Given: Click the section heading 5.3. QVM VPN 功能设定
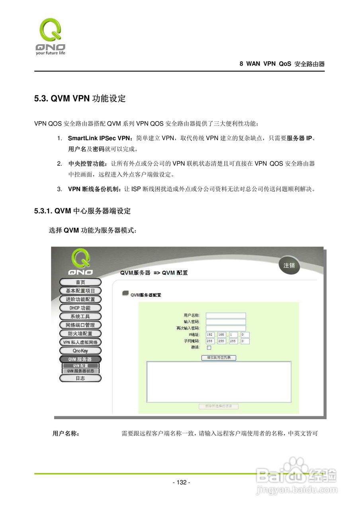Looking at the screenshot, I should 80,99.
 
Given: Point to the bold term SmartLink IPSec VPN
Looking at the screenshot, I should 99,139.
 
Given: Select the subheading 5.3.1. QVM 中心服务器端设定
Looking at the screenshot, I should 82,211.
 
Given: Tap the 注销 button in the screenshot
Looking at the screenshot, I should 289,265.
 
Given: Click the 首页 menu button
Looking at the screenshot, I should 80,282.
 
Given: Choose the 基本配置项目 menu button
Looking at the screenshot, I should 80,291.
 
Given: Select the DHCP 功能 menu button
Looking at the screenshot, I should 80,308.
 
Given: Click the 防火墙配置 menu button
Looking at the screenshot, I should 80,333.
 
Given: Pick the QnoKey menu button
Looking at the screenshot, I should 80,351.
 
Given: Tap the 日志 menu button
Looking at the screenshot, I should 80,378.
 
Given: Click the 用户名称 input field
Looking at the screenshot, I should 226,316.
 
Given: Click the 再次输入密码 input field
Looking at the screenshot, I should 226,328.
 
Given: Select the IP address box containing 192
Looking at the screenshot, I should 210,335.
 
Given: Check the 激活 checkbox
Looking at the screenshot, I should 209,347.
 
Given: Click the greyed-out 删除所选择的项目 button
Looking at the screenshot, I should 219,406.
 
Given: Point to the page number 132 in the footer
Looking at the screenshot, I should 181,483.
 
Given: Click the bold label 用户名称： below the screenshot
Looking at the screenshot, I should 66,433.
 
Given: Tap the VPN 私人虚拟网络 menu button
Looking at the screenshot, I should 80,342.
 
